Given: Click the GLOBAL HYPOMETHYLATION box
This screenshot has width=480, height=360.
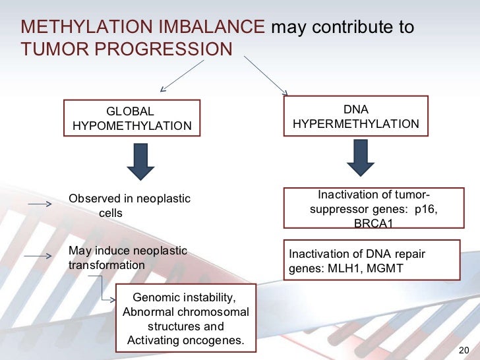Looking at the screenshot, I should [131, 118].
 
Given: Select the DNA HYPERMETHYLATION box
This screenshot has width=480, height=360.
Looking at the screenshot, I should [355, 116].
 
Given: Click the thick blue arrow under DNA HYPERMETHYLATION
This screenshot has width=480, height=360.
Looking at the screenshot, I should [356, 160].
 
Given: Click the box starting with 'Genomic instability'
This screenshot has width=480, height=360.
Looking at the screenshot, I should [185, 318].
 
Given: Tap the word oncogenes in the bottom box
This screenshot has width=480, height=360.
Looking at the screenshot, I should [212, 341].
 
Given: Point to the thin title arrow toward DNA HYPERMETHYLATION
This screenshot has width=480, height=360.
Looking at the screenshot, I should [266, 75].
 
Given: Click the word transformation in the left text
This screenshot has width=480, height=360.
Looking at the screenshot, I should [106, 265].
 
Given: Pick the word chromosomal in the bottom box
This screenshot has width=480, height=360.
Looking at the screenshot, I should [215, 312].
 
